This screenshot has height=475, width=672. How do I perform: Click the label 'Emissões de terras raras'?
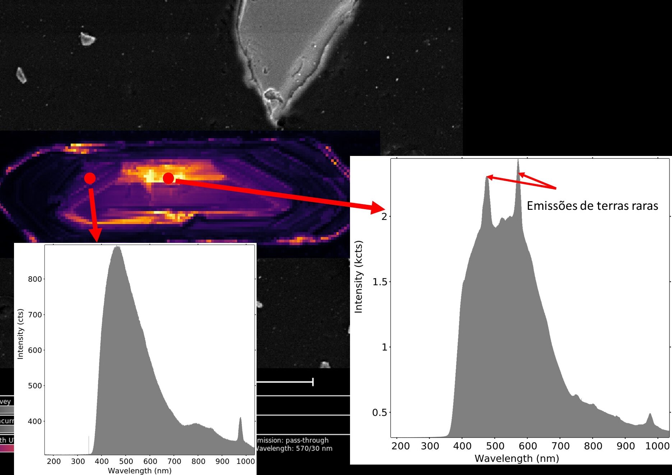click(592, 206)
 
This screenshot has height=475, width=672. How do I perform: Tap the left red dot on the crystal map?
click(90, 178)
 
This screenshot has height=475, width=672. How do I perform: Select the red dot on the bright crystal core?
click(169, 178)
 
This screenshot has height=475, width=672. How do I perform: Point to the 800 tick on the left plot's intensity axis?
click(35, 279)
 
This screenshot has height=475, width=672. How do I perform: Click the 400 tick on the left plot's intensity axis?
click(35, 421)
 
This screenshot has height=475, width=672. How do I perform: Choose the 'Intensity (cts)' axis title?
click(20, 334)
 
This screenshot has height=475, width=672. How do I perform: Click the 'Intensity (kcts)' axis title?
click(359, 277)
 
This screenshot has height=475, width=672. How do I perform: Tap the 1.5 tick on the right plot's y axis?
click(380, 282)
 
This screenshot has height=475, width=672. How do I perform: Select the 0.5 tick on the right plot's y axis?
click(380, 412)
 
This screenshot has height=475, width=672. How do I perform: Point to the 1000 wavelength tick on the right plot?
click(657, 446)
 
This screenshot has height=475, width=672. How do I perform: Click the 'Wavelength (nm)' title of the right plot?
click(517, 458)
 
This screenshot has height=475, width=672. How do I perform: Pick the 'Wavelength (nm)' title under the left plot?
click(140, 470)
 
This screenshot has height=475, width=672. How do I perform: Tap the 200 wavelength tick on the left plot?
click(54, 461)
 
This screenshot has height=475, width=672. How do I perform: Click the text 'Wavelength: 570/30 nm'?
click(294, 448)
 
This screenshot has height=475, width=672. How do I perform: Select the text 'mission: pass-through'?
click(293, 440)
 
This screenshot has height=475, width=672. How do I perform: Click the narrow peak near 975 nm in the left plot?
click(240, 418)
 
